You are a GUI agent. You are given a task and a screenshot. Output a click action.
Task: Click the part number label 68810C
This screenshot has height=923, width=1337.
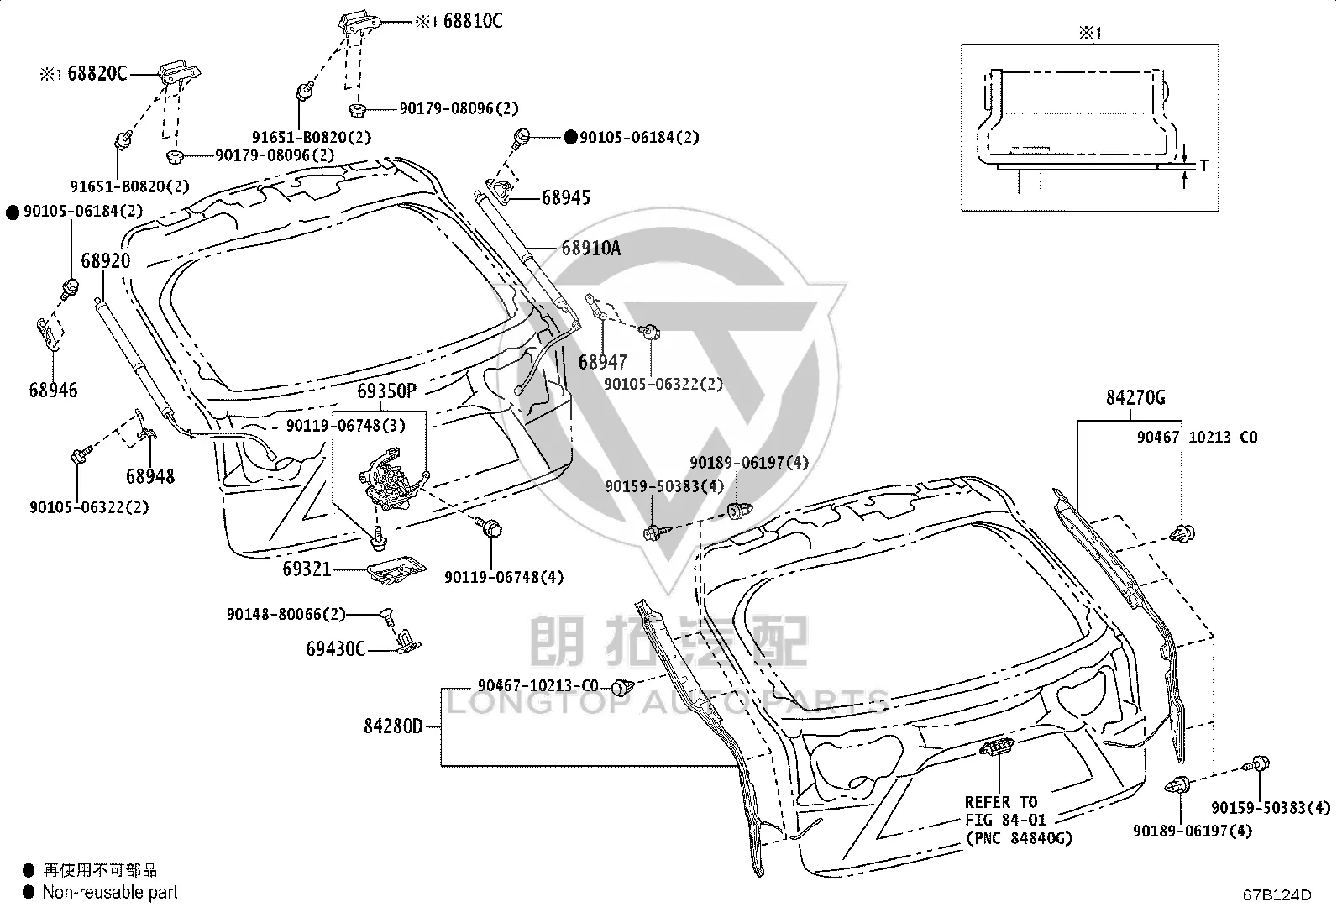473,22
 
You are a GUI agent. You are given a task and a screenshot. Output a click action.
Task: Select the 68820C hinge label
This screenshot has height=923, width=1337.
97,73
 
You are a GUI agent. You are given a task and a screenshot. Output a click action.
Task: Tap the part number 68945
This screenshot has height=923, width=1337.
566,197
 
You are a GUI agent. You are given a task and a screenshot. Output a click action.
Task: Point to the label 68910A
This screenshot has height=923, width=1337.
591,248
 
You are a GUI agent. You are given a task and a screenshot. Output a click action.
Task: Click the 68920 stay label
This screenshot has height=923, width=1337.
106,261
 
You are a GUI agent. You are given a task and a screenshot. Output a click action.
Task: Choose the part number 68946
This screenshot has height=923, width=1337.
53,391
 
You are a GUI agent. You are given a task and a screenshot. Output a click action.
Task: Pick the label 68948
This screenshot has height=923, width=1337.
149,476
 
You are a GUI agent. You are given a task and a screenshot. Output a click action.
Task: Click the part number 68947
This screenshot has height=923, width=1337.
602,362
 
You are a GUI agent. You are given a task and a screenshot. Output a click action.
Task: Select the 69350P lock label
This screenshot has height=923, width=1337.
387,391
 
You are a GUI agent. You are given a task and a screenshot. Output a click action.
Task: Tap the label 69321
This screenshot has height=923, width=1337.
307,569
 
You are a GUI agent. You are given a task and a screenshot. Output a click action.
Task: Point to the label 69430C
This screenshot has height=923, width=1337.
335,648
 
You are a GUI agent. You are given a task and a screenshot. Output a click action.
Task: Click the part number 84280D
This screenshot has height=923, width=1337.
393,726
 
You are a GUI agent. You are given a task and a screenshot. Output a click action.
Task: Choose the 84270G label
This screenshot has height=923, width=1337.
1135,397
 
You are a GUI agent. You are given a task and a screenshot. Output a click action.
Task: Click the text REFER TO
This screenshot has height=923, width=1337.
1001,802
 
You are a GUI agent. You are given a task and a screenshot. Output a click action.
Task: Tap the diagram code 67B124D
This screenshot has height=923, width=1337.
1277,895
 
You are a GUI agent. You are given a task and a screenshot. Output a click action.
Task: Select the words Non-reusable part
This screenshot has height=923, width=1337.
110,892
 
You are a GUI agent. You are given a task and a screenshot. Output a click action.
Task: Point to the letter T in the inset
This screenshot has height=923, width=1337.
1204,166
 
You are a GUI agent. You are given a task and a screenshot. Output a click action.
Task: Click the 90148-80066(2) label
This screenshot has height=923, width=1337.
286,614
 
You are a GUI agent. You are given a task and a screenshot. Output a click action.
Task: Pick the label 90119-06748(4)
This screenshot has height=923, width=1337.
504,577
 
